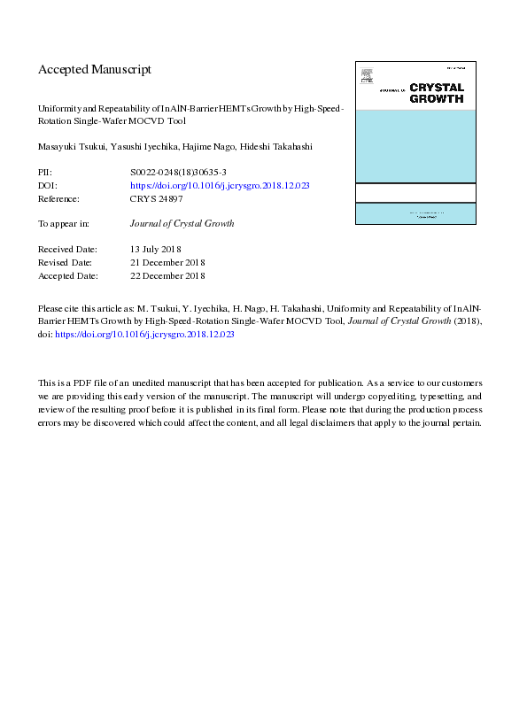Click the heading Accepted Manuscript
(x=95, y=69)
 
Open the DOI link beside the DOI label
(x=219, y=187)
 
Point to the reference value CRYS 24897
(x=157, y=199)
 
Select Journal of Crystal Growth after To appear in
(x=182, y=224)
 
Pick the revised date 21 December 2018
(x=167, y=263)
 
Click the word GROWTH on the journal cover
(x=436, y=99)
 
